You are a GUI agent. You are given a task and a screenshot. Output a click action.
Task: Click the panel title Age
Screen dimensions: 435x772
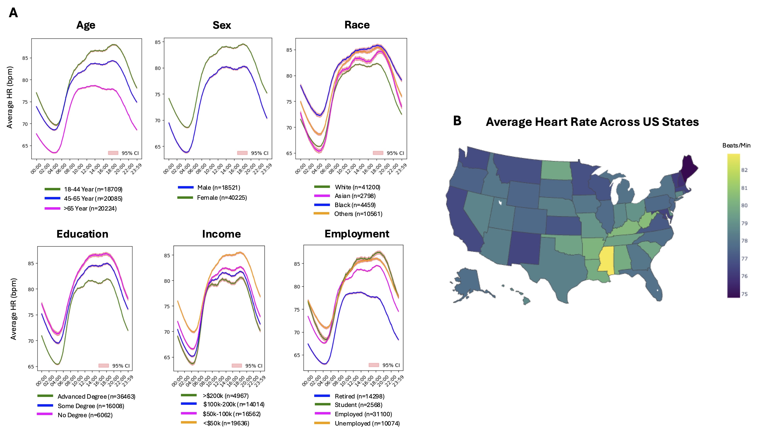[x=86, y=25]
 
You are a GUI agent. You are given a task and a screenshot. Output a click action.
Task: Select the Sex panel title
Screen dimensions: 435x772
[x=222, y=25]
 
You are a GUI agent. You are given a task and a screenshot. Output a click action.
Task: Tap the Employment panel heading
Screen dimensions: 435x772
[x=357, y=234]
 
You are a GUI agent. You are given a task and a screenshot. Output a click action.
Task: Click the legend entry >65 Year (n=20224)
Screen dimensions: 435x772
[x=90, y=208]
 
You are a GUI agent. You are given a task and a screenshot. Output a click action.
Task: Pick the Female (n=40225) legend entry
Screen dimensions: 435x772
[x=222, y=198]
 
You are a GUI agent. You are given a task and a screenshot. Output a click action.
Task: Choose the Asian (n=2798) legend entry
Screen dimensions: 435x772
[x=355, y=196]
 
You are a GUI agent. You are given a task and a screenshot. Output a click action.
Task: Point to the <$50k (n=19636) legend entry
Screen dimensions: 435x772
[x=226, y=423]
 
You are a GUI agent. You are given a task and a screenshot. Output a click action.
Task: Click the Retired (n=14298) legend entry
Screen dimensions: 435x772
[x=359, y=396]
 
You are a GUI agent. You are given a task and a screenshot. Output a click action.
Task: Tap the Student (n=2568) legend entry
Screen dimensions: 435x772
[x=358, y=405]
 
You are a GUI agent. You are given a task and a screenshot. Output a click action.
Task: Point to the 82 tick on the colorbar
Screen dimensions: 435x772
[x=744, y=170]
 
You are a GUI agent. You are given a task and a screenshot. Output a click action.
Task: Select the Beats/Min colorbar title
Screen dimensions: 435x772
[x=736, y=146]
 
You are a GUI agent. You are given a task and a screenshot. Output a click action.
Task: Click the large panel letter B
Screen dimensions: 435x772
[x=457, y=121]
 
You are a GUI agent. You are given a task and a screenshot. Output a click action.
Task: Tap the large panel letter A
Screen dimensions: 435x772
[x=13, y=13]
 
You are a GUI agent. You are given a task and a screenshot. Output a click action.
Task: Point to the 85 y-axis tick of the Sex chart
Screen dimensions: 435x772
[x=158, y=42]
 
